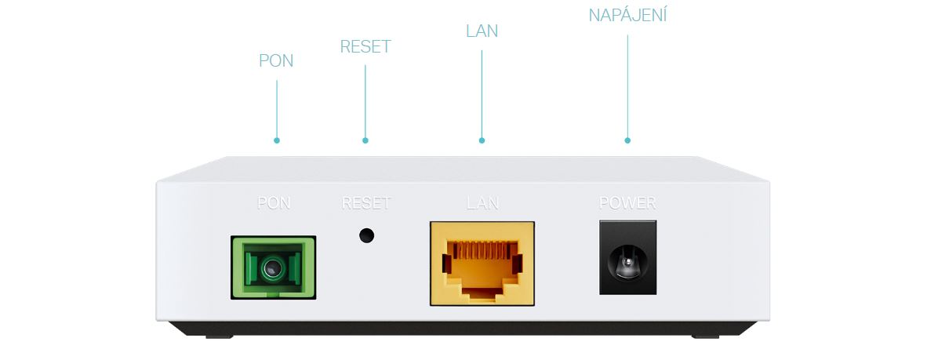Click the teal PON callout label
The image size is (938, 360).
point(276,60)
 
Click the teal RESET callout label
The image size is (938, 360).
point(365,46)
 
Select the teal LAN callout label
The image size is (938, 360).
point(482,31)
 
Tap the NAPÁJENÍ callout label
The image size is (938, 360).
point(627,15)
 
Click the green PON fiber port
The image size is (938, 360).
point(273,267)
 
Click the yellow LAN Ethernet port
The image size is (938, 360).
point(482,264)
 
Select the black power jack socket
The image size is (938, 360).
point(627,257)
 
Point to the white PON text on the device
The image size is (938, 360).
point(274,203)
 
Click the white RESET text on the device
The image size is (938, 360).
point(366,203)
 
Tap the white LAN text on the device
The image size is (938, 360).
point(482,203)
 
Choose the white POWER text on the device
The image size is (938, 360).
point(627,203)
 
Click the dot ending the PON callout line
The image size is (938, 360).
point(276,141)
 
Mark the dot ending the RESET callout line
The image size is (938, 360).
point(365,141)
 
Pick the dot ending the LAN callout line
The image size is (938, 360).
point(482,141)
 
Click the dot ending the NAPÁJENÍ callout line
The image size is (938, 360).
point(627,141)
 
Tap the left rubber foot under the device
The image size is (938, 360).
point(220,336)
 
